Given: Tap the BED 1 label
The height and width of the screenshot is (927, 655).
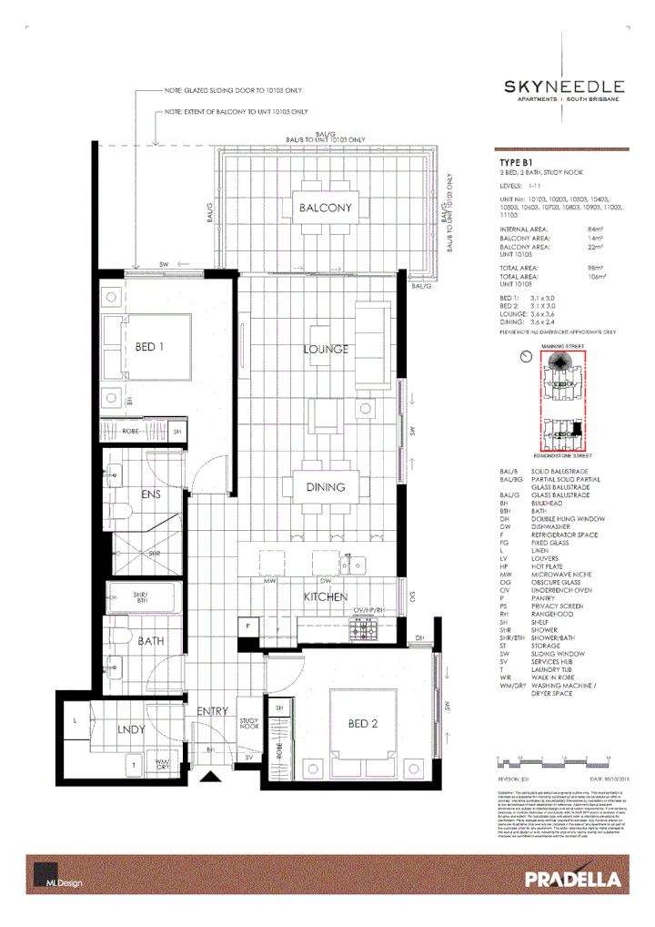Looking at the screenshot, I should pos(149,347).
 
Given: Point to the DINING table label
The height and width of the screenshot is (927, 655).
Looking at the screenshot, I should pos(325,487).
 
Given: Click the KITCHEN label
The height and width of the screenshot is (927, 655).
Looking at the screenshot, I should pos(326,596).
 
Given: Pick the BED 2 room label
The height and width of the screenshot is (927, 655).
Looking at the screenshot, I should pos(362,724).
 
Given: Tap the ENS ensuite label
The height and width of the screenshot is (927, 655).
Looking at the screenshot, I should pos(151,495).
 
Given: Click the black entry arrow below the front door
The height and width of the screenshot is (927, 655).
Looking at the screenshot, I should pos(211,777).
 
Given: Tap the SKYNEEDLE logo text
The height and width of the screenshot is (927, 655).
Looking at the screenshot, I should pos(564,87).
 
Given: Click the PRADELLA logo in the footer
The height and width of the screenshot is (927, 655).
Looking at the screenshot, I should pos(572,879).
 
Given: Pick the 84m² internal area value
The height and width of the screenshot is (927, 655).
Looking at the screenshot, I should pos(596,229).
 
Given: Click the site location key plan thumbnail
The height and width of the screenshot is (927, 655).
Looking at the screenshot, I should pos(566,401).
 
